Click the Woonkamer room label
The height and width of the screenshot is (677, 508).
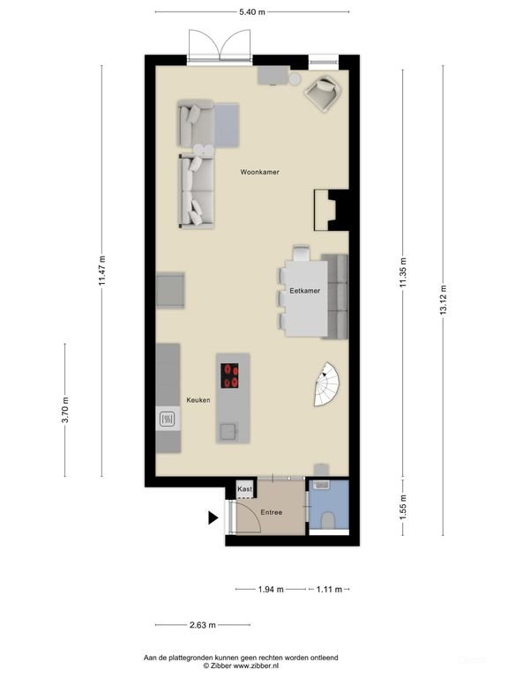(x=259, y=172)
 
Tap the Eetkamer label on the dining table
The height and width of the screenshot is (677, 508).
(x=305, y=291)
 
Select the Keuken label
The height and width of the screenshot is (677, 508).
(x=198, y=400)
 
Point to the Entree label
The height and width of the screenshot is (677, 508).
(x=272, y=512)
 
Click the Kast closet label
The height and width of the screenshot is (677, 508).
(x=244, y=488)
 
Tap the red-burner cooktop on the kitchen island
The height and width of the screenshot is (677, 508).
(x=230, y=376)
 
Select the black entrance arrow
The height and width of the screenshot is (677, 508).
(x=213, y=517)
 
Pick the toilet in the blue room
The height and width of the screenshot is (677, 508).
(x=328, y=520)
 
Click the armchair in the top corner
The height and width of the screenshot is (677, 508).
(x=323, y=93)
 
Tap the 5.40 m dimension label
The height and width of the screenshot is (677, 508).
(x=252, y=12)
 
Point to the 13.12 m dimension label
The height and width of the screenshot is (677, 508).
(x=443, y=300)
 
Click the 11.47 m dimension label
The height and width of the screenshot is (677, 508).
(x=101, y=271)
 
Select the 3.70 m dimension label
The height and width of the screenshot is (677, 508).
(x=64, y=410)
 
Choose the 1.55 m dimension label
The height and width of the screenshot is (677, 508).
(x=402, y=507)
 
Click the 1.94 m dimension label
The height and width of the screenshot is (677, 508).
(x=271, y=589)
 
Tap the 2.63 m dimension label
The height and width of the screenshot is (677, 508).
(x=203, y=625)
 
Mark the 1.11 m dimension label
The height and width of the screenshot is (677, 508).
(x=329, y=589)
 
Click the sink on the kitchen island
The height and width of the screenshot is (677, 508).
(x=228, y=431)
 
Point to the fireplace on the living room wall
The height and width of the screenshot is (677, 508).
(x=325, y=210)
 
